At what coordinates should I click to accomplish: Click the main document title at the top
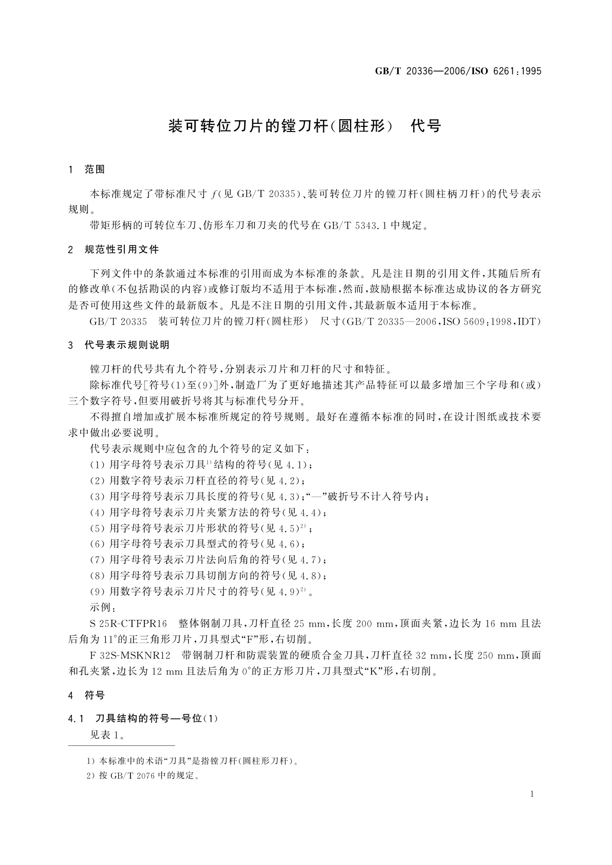point(305,126)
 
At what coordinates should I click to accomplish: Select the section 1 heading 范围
point(94,170)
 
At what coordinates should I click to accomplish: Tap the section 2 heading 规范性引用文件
point(121,250)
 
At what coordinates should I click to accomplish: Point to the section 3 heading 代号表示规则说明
point(126,345)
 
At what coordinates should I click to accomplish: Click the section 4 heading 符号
point(94,695)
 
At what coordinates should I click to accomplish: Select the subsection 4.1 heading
point(143,718)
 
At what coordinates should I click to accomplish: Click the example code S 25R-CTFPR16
point(129,624)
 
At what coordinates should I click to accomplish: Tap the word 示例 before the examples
point(102,608)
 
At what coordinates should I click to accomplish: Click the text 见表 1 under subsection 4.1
point(106,735)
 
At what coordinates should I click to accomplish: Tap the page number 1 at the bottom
point(532,794)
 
